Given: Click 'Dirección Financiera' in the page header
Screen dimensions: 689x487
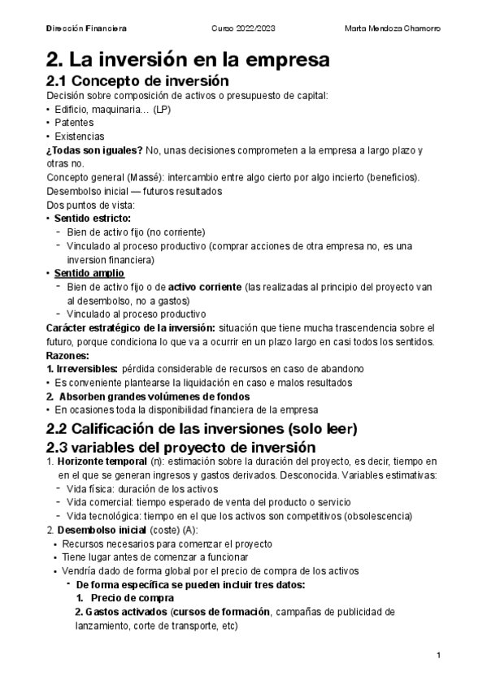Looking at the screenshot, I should (86, 28).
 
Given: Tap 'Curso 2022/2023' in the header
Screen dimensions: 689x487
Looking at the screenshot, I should (243, 28).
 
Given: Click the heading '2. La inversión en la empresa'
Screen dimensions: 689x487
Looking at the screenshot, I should (189, 59).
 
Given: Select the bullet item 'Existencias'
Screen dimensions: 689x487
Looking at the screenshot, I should (80, 136).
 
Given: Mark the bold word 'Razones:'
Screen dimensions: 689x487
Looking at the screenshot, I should (69, 355).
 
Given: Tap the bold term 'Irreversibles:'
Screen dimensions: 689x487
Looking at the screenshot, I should (87, 369).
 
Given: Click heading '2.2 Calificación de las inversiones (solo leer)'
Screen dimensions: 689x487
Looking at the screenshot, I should (202, 428).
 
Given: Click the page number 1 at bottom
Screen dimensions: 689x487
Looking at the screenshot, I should (438, 656).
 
